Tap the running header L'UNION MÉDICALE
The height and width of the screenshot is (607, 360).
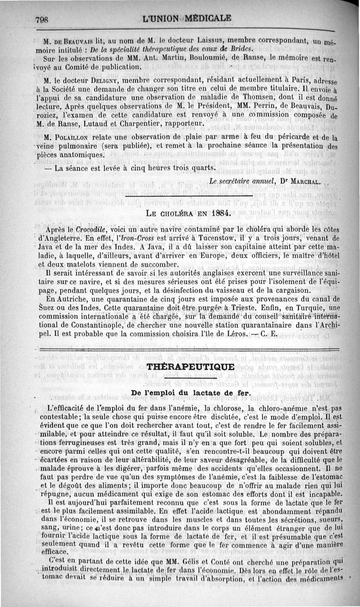coord(186,18)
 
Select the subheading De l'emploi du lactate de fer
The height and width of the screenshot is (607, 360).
coord(191,393)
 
